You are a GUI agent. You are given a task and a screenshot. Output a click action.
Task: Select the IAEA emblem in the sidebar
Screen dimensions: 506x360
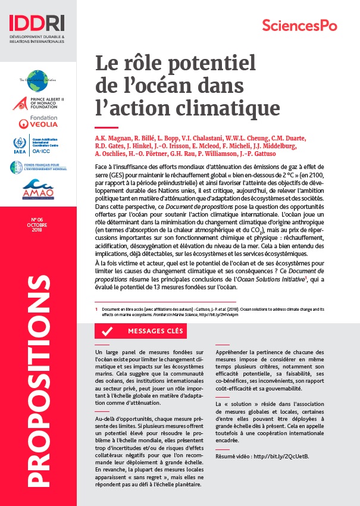pos(19,145)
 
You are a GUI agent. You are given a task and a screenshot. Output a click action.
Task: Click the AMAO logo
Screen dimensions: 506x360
pos(38,192)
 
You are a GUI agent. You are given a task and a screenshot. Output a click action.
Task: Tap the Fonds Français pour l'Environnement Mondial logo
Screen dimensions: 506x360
pos(38,168)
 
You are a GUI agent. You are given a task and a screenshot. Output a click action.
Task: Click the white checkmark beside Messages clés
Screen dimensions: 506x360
pos(108,331)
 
